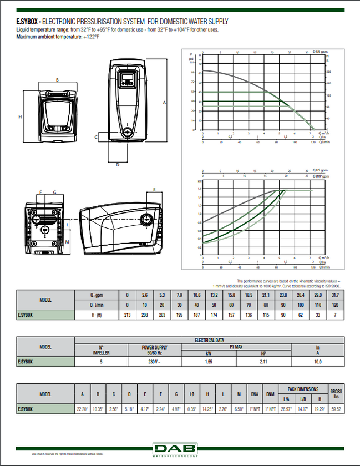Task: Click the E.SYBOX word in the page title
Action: pyautogui.click(x=26, y=22)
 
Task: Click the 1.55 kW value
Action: pyautogui.click(x=209, y=361)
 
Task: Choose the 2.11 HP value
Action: pyautogui.click(x=263, y=361)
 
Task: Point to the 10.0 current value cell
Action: pyautogui.click(x=318, y=361)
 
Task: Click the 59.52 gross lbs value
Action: pyautogui.click(x=336, y=409)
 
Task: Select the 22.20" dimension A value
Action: pyautogui.click(x=83, y=409)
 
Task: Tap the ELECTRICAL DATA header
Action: pyautogui.click(x=209, y=340)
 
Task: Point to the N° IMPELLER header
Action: pyautogui.click(x=101, y=349)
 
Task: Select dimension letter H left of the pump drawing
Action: pyautogui.click(x=20, y=117)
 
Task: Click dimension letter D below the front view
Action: pyautogui.click(x=117, y=165)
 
